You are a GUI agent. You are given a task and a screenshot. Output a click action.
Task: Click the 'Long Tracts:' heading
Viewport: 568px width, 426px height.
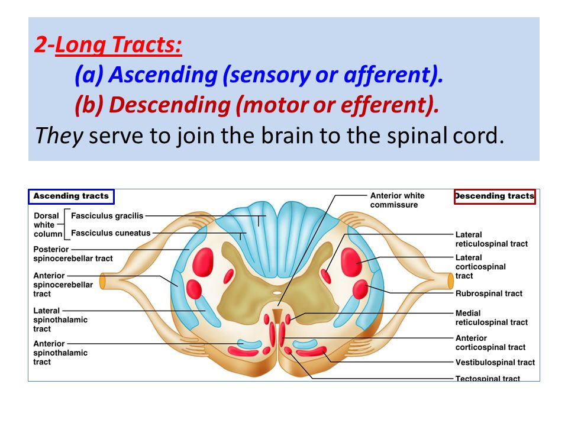[118, 45]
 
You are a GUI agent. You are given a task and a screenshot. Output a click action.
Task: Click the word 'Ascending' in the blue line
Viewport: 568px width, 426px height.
[163, 75]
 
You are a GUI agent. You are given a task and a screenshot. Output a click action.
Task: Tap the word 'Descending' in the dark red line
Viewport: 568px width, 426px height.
[170, 105]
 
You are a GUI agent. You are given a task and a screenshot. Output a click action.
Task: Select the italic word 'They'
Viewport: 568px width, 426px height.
[59, 136]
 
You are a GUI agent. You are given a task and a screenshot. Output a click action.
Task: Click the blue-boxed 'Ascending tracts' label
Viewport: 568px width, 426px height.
[71, 196]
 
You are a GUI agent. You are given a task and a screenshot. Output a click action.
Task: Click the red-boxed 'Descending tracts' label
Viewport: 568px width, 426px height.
[495, 196]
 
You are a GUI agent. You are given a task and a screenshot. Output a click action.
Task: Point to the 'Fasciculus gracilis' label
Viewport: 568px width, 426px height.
[107, 216]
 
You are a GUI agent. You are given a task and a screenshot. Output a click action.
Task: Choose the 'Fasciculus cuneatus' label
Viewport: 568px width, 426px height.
[111, 233]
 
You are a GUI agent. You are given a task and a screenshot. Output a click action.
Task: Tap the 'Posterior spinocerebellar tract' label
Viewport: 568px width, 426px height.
[73, 254]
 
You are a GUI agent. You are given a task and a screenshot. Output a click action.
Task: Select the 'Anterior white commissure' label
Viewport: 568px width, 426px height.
[397, 201]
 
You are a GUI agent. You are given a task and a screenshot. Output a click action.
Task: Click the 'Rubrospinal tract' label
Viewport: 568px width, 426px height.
[489, 293]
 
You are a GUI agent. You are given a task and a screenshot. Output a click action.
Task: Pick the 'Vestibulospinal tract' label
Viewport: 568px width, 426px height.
[495, 362]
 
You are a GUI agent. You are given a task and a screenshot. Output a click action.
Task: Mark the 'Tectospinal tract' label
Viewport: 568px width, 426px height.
[488, 378]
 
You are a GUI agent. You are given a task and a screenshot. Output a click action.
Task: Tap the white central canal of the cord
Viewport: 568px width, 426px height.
[277, 293]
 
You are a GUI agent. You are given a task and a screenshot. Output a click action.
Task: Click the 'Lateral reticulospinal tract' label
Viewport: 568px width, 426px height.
[491, 239]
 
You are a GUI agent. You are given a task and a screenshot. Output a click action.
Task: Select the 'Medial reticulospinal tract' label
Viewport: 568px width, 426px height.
[491, 318]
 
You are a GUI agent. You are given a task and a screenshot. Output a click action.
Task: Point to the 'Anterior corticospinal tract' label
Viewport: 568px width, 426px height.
[490, 343]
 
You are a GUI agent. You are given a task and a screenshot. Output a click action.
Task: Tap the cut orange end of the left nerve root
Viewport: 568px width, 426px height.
[103, 282]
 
